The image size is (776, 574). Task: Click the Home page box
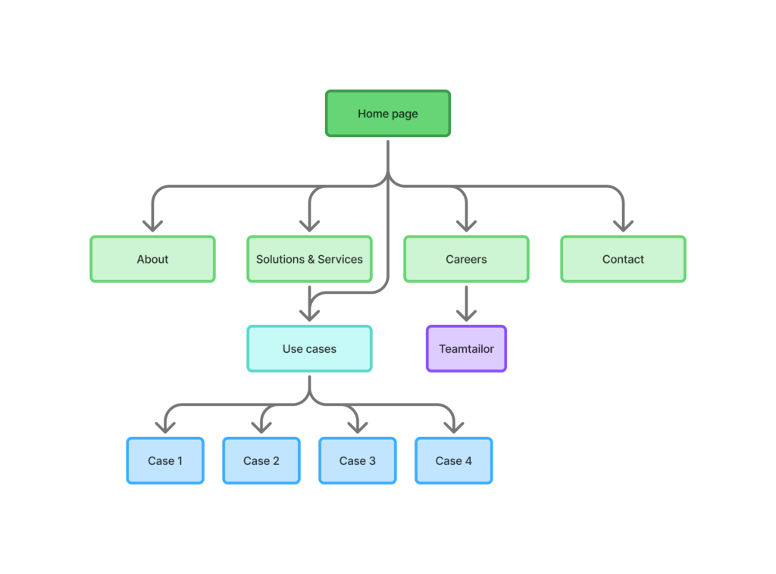(x=388, y=114)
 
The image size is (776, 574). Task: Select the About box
(x=152, y=259)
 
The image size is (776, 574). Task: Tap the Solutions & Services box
(x=309, y=259)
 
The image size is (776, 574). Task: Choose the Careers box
(x=466, y=259)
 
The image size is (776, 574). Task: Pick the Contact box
(x=623, y=259)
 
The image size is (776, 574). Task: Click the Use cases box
(x=309, y=349)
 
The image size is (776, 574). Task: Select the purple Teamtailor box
(x=466, y=349)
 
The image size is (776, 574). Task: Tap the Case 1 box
(x=164, y=460)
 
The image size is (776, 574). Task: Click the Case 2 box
(x=261, y=460)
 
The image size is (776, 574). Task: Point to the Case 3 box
(x=357, y=460)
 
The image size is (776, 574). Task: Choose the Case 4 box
(x=453, y=460)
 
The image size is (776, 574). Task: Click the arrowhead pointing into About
(x=152, y=225)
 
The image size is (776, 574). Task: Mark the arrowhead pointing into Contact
(x=623, y=225)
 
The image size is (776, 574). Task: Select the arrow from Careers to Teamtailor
(x=466, y=304)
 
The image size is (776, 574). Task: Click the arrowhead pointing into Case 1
(x=164, y=427)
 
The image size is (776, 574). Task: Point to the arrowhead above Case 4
(x=453, y=427)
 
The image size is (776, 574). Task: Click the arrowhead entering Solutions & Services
(x=309, y=225)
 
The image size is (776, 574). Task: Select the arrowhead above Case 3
(x=357, y=427)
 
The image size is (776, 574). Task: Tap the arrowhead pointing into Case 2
(x=261, y=427)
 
